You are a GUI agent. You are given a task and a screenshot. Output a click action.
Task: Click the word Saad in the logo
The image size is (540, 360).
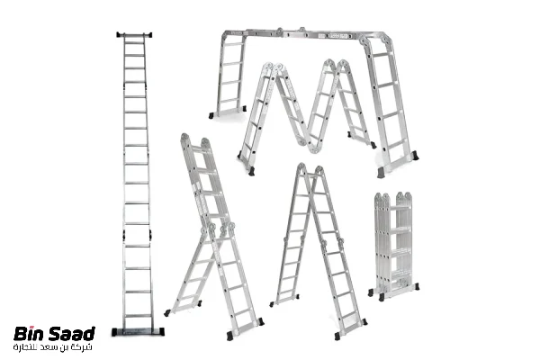(71, 334)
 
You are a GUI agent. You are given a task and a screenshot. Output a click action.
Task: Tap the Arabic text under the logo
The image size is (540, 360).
(53, 347)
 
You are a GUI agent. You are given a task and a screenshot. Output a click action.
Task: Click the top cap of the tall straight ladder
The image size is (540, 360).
(134, 34)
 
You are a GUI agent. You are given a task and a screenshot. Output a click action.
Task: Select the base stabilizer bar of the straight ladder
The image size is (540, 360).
(138, 332)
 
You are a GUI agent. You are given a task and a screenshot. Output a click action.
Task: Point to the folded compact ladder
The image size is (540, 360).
(393, 247)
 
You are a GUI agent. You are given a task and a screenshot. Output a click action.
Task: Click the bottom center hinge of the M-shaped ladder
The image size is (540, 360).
(312, 148)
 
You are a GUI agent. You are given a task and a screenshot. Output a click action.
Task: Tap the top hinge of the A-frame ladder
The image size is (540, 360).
(310, 169)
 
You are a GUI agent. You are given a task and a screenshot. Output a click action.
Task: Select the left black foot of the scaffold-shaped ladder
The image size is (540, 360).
(211, 115)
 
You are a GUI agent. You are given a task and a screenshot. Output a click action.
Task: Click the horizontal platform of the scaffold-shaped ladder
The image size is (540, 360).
(303, 34)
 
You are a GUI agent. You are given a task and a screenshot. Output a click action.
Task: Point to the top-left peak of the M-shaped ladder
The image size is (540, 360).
(273, 67)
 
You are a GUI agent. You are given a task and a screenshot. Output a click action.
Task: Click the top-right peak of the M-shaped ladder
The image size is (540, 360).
(336, 64)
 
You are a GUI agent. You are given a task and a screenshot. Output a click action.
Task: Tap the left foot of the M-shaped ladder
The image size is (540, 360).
(251, 171)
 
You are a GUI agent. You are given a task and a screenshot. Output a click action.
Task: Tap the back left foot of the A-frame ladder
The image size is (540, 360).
(272, 304)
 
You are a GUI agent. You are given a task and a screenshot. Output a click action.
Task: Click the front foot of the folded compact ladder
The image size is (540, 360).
(382, 297)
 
